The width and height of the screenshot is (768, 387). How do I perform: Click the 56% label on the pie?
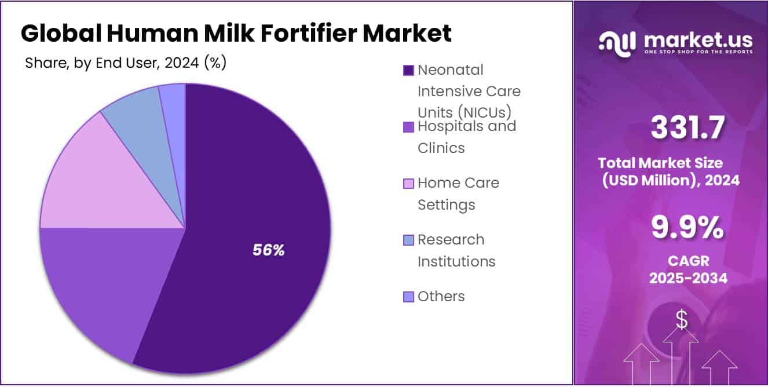coord(269,250)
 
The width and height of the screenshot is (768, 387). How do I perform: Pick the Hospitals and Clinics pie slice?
coord(98,290)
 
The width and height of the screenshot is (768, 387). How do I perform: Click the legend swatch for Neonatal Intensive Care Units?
coord(408,70)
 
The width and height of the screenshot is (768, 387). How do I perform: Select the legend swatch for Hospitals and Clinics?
coord(408,126)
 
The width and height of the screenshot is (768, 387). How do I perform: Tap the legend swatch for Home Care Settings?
coord(408,183)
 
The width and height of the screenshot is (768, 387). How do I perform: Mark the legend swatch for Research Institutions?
coord(408,240)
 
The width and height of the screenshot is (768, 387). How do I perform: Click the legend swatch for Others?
coord(408,297)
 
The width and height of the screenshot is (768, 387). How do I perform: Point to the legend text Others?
coord(441,297)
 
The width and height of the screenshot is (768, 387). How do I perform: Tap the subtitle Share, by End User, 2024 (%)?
coord(126,63)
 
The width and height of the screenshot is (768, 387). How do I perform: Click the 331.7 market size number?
coord(687,128)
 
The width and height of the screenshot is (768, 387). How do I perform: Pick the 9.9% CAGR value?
coord(687,227)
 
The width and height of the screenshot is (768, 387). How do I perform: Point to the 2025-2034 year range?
coord(687,278)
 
